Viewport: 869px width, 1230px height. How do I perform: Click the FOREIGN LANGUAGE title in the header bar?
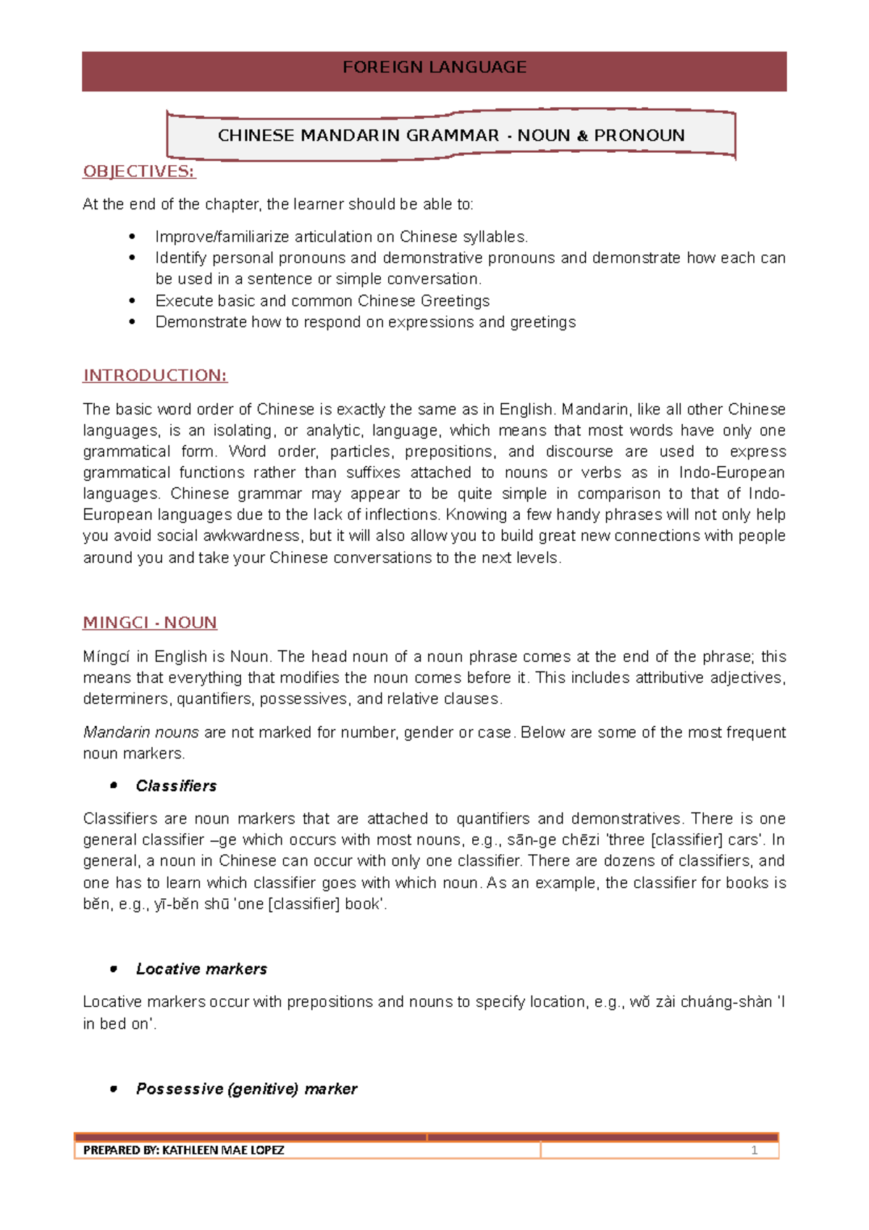[434, 67]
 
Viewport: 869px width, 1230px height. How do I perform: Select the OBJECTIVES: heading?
[139, 172]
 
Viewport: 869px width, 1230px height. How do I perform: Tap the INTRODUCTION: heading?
[155, 375]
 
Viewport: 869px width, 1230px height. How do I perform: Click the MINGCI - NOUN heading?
[150, 623]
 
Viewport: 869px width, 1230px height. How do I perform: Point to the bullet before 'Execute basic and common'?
[132, 301]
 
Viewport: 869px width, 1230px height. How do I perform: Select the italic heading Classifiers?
[176, 786]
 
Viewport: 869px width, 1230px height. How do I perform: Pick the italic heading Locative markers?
[201, 969]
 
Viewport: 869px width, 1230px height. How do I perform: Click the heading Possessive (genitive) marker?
[246, 1089]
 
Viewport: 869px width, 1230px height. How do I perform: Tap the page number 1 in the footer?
[754, 1150]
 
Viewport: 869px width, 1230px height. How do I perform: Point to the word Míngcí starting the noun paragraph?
[106, 657]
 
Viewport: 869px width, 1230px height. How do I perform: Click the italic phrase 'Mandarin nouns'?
[140, 732]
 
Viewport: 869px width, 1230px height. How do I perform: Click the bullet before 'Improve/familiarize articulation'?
[132, 237]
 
